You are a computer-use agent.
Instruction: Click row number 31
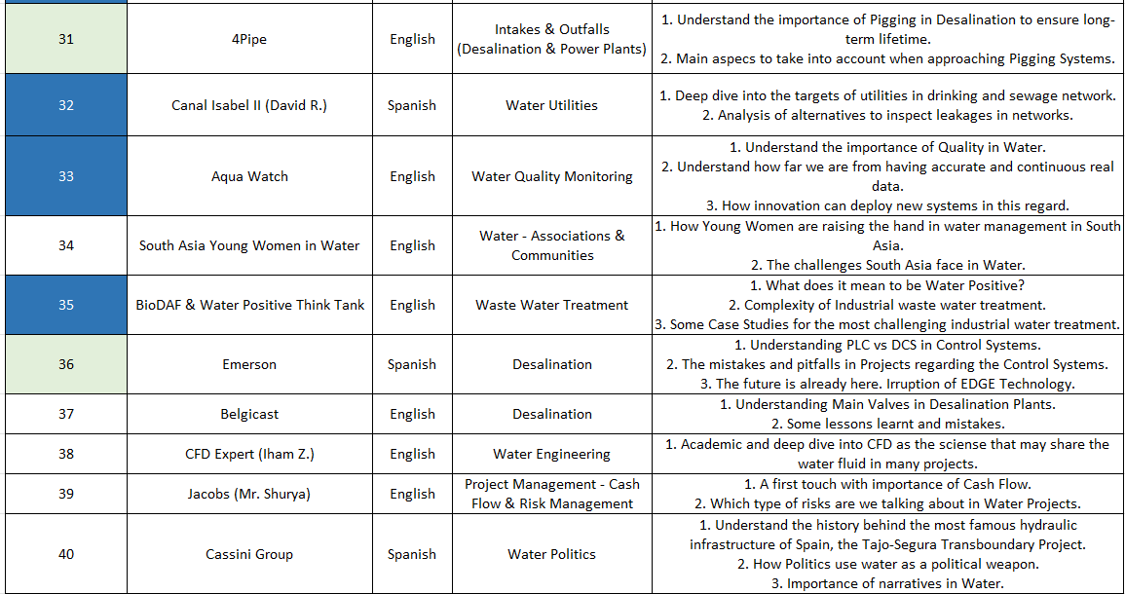(x=65, y=39)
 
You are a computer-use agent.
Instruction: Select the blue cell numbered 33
(x=65, y=176)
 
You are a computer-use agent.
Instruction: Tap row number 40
(x=65, y=554)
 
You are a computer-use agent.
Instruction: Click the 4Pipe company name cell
(x=249, y=39)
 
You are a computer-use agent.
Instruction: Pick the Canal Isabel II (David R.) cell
(x=249, y=105)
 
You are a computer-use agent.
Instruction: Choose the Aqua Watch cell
(x=249, y=176)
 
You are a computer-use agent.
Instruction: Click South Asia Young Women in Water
(x=249, y=245)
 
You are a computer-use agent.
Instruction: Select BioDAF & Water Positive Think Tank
(x=249, y=305)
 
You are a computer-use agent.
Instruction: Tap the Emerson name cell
(x=249, y=364)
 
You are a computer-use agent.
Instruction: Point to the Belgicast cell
(x=249, y=414)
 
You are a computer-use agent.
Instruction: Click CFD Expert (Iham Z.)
(x=249, y=454)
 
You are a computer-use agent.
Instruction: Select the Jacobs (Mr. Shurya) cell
(x=249, y=494)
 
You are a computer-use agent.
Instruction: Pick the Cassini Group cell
(x=249, y=554)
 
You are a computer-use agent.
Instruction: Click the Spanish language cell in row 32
(x=412, y=105)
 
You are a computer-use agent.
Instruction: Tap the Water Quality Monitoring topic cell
(x=551, y=176)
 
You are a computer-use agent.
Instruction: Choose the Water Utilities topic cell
(x=551, y=105)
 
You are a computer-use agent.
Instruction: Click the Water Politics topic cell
(x=551, y=554)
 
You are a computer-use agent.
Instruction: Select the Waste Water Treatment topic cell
(x=551, y=305)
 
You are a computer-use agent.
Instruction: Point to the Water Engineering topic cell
(x=551, y=454)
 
